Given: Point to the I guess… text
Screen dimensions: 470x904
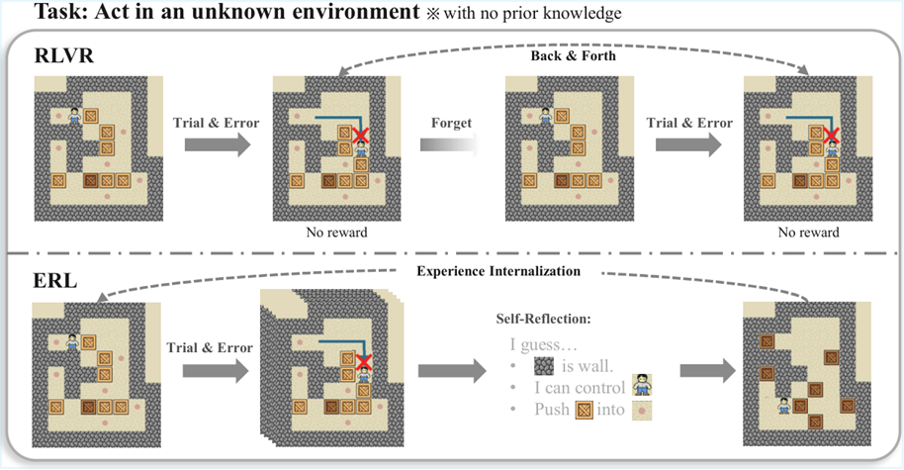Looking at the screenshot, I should (x=542, y=346).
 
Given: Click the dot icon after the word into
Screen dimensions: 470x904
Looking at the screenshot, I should (x=645, y=409).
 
